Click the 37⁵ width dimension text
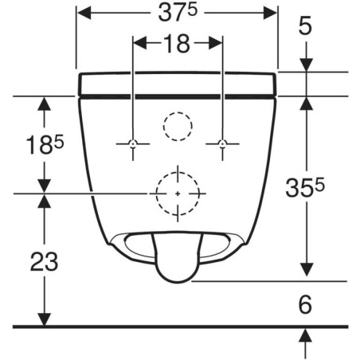[178, 13]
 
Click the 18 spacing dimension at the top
[178, 44]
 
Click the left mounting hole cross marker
[133, 143]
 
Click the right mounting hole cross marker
[222, 143]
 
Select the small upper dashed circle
[177, 126]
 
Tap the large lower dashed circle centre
[177, 193]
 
